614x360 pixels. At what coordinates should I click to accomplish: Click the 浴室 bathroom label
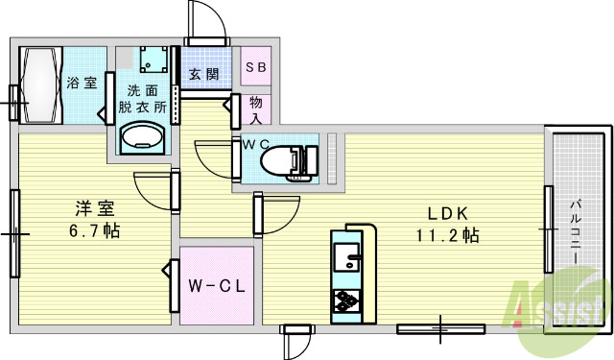[82, 83]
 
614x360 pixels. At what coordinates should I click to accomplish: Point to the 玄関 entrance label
[202, 73]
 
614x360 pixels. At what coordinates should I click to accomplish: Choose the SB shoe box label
[255, 67]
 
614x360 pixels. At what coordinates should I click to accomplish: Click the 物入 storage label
[256, 108]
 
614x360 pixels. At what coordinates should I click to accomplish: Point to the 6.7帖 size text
[93, 231]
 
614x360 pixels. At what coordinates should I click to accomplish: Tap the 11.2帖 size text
[447, 235]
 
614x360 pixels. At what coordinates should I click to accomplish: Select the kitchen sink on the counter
[346, 257]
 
